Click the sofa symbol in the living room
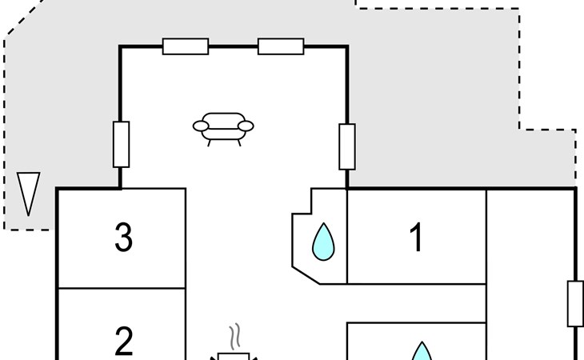coord(223,129)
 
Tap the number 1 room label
coord(416,237)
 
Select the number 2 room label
coord(124,341)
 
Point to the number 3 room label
coord(124,237)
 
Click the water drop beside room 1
coord(323,242)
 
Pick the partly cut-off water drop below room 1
coord(422,351)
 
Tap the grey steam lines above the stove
coord(234,337)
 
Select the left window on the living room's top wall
coord(186,46)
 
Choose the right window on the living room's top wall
coord(281,46)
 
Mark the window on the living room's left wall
coord(121,144)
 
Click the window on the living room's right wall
coord(347,146)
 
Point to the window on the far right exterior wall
coord(575,304)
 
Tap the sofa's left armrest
coord(201,126)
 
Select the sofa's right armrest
coord(246,126)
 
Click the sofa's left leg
coord(209,143)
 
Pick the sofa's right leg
coord(239,143)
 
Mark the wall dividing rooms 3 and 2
coord(122,288)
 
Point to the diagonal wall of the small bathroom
coord(306,275)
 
